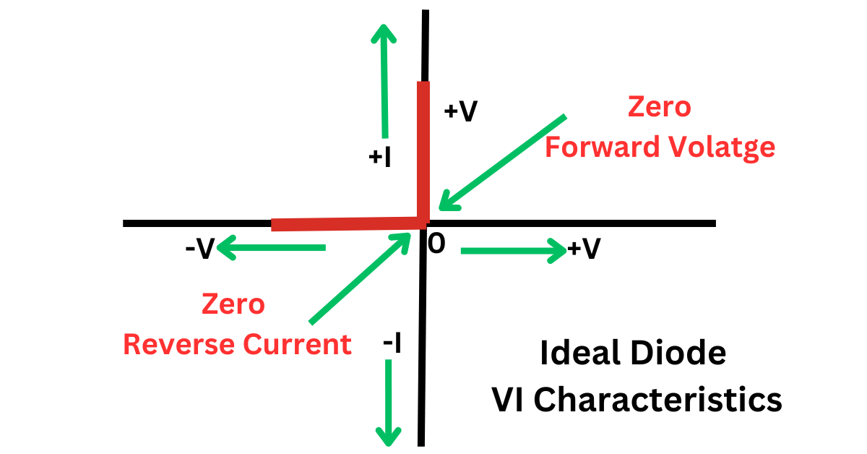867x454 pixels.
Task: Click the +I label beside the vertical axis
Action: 379,157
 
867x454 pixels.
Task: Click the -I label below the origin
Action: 392,344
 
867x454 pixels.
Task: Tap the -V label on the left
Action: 199,249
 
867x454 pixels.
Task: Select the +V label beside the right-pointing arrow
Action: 584,249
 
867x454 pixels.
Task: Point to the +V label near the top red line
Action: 461,111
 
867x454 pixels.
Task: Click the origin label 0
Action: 436,244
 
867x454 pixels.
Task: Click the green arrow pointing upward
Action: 385,80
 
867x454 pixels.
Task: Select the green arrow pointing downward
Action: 389,401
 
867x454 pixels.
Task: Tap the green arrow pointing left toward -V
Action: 271,249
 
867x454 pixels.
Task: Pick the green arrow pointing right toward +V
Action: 513,250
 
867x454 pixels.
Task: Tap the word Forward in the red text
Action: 591,147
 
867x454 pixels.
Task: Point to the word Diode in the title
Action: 683,354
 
